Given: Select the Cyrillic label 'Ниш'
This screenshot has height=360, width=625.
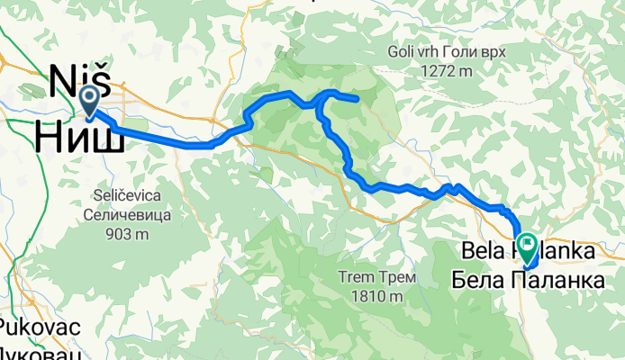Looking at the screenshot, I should pos(79,136).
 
